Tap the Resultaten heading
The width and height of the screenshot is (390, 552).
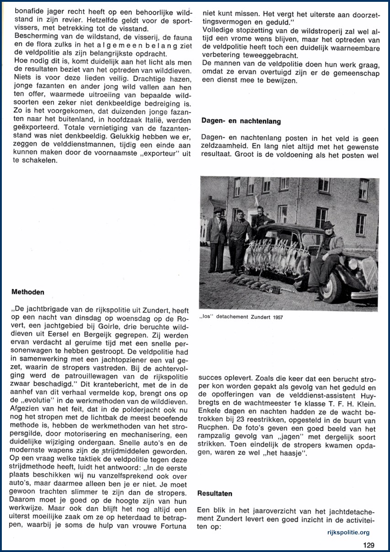click(x=214, y=494)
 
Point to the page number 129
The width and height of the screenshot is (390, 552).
click(x=369, y=544)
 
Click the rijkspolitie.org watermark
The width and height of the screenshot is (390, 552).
click(x=348, y=532)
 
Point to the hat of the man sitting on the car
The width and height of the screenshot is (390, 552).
click(x=327, y=225)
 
